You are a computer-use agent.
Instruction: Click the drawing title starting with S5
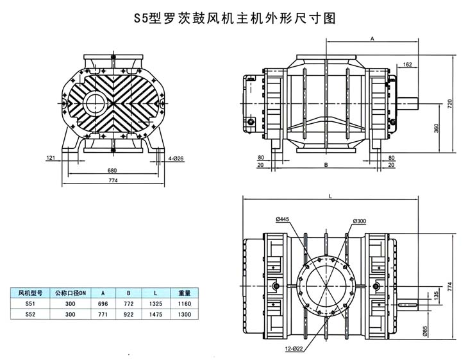pyautogui.click(x=234, y=18)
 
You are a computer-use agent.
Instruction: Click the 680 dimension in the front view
pyautogui.click(x=112, y=170)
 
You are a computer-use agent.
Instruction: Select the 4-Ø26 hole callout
pyautogui.click(x=176, y=157)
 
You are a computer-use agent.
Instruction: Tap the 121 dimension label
pyautogui.click(x=50, y=157)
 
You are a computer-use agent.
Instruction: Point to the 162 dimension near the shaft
pyautogui.click(x=408, y=65)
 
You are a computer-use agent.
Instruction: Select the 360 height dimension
pyautogui.click(x=436, y=128)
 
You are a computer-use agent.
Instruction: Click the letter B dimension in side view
pyautogui.click(x=326, y=165)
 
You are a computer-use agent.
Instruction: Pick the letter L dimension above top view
pyautogui.click(x=330, y=198)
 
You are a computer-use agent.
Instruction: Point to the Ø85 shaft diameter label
pyautogui.click(x=424, y=331)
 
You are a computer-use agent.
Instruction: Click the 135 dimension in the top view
pyautogui.click(x=437, y=295)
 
